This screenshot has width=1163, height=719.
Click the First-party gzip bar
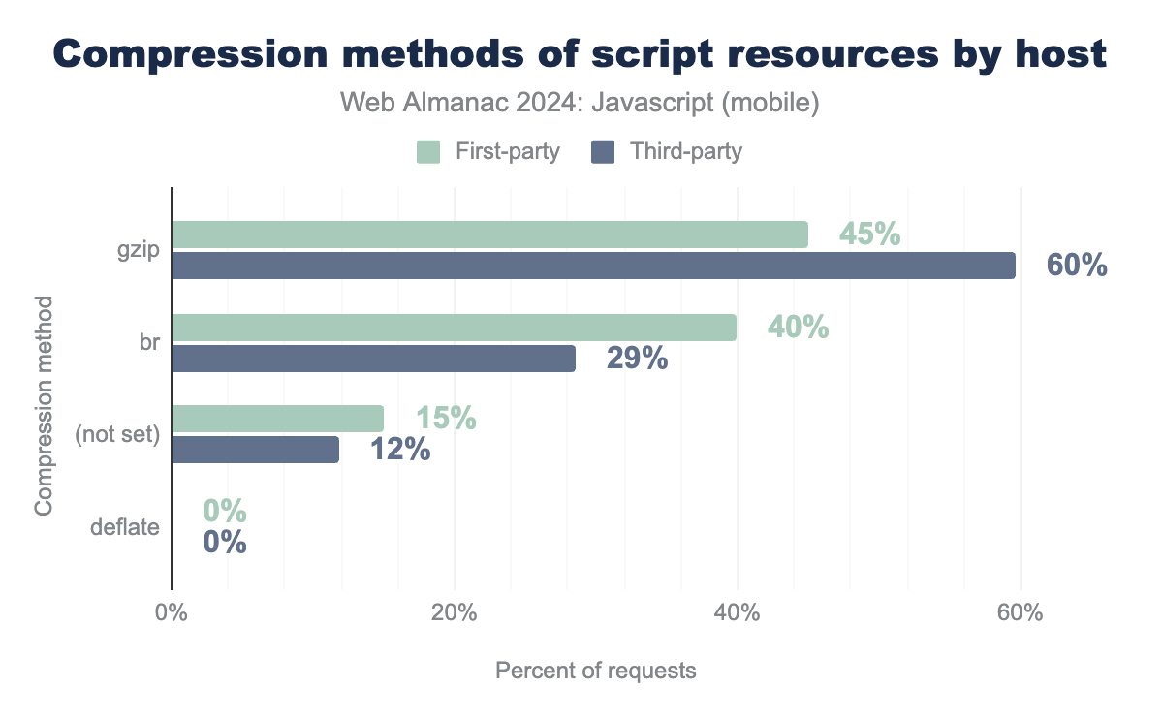pos(489,234)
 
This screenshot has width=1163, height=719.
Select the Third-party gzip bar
pos(593,266)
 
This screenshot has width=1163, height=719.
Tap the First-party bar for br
pos(454,328)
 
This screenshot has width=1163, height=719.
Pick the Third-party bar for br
pos(373,359)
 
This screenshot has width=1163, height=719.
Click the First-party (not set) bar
pos(277,419)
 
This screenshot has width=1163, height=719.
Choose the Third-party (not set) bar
pos(255,450)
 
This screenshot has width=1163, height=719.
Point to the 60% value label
pos(1077,266)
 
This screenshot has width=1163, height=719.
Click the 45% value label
pos(869,234)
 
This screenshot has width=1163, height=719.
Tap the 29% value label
pos(637,359)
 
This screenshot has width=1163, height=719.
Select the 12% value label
pos(400,450)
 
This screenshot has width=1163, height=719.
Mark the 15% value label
pos(446,419)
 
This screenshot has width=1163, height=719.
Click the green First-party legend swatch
pos(428,152)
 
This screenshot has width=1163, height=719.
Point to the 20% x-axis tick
pos(454,613)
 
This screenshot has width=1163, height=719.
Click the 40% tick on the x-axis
pos(737,613)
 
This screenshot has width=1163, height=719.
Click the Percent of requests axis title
pos(595,671)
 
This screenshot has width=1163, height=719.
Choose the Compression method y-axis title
pos(44,407)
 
